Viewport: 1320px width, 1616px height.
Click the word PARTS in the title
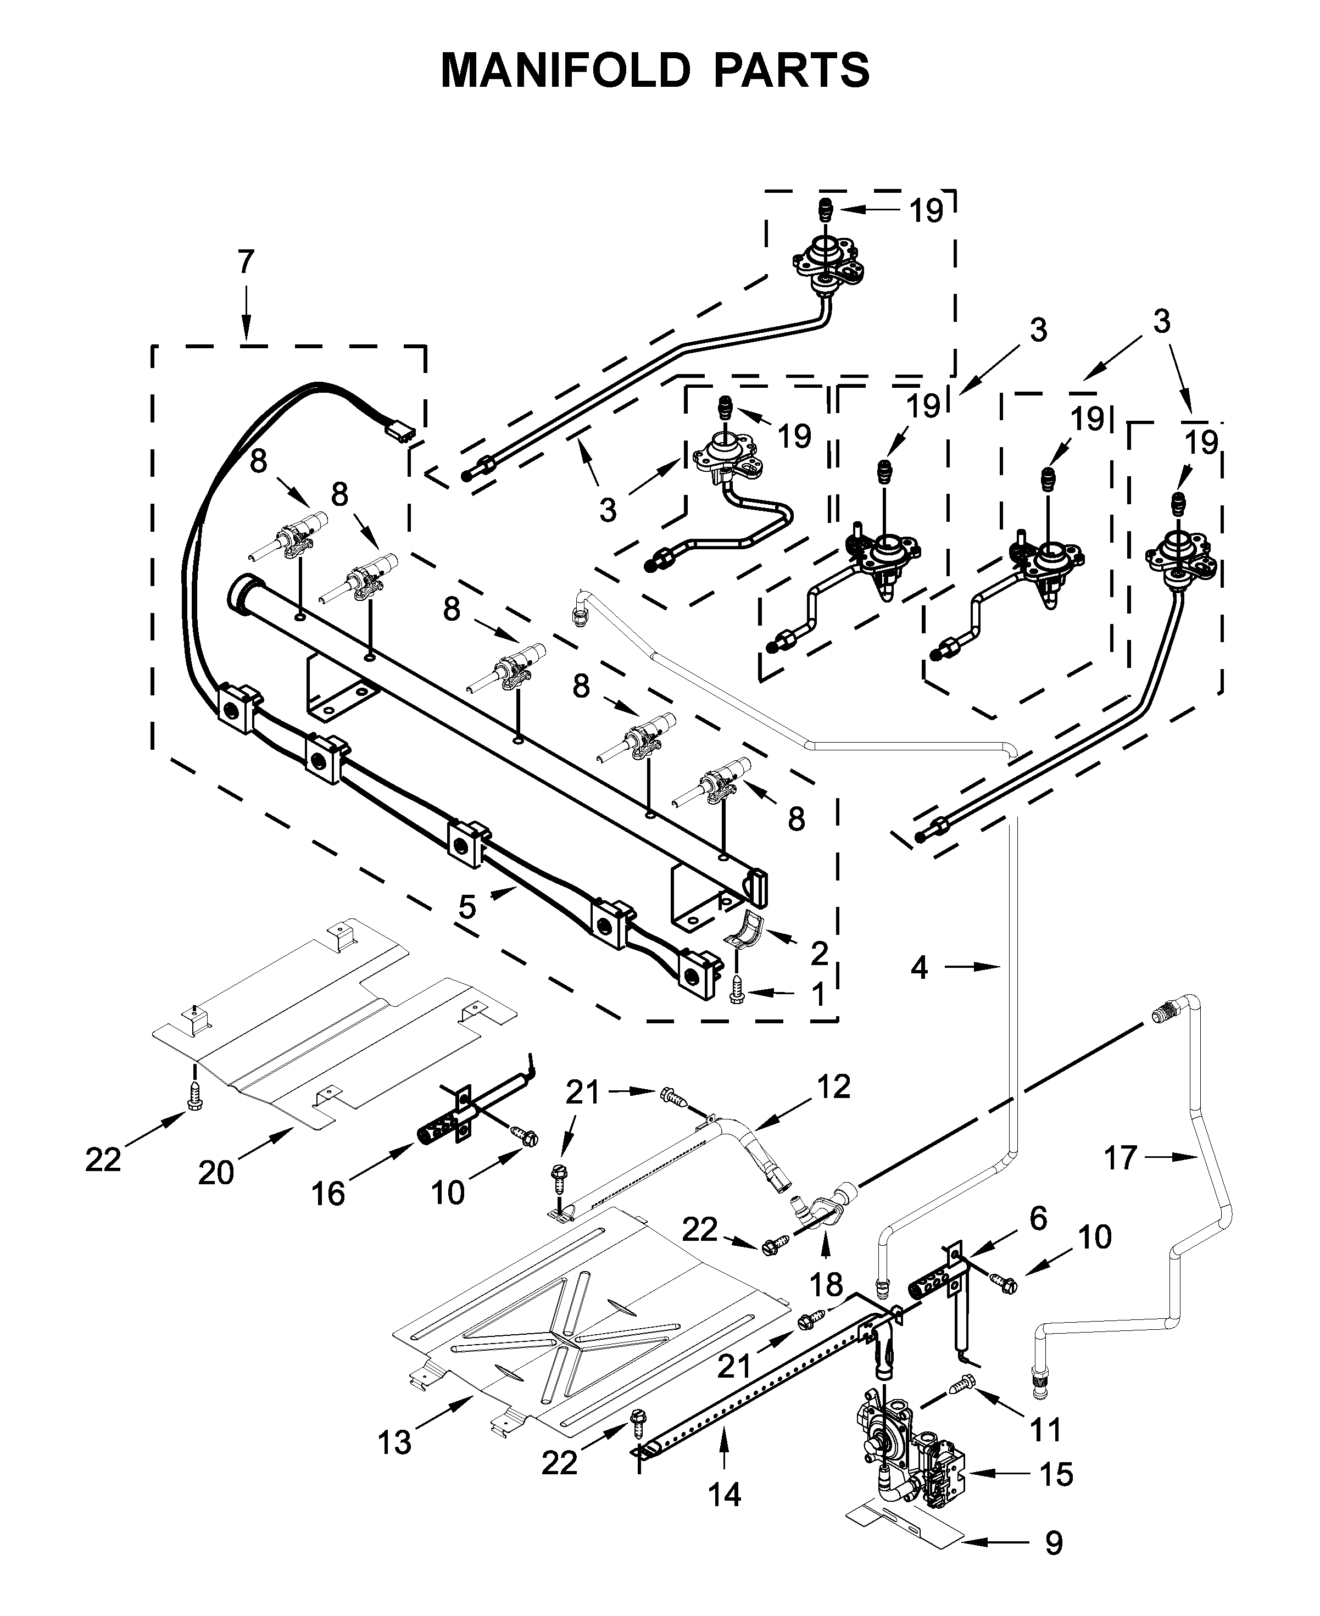point(791,71)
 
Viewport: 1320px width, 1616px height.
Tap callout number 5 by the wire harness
point(467,907)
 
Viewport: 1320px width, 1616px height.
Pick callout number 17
point(1120,1158)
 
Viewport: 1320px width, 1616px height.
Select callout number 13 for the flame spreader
point(394,1442)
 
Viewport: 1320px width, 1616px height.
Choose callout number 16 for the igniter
point(328,1195)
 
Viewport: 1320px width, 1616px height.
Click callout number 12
point(833,1088)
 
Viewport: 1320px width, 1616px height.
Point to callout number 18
point(826,1285)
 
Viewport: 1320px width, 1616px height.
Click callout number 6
point(1037,1218)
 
